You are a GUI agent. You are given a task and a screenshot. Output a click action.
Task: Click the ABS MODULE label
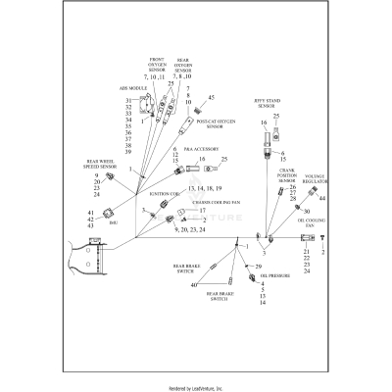130,87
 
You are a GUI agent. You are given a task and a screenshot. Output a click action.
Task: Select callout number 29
260,267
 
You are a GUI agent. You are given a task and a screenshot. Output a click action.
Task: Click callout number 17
206,210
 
